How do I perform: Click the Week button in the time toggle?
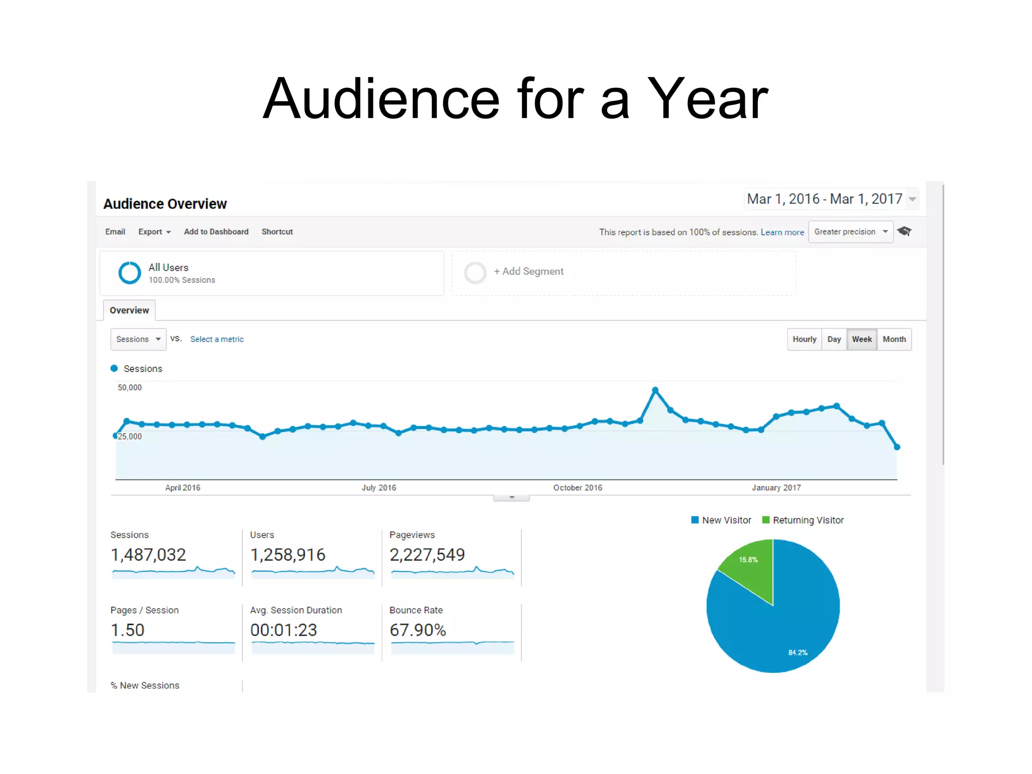point(862,339)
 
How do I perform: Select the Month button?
point(894,339)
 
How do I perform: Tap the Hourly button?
point(804,339)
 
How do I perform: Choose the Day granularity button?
point(834,339)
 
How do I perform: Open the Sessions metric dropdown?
point(138,339)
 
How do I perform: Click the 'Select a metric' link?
point(217,339)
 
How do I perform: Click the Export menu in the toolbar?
point(154,232)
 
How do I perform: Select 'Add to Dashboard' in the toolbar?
point(216,232)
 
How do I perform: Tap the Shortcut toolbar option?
point(277,232)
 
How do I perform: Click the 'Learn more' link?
point(782,232)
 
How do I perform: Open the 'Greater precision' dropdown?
point(851,232)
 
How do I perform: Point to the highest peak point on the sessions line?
point(655,390)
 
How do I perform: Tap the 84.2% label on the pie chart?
point(798,652)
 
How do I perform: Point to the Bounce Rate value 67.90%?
point(418,630)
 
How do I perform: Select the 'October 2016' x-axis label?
point(577,488)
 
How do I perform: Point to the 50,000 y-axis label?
point(130,387)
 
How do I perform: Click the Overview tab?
point(130,310)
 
